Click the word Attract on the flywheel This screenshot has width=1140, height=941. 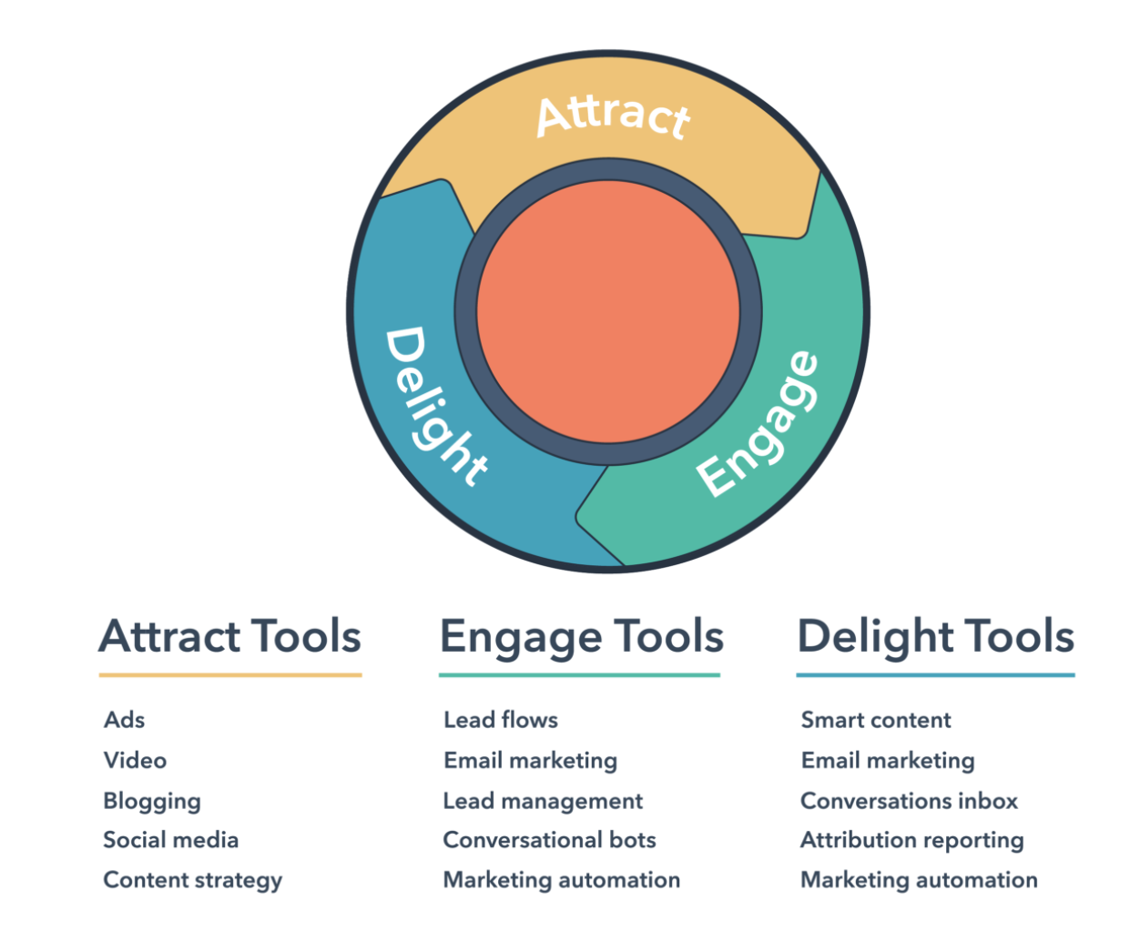613,116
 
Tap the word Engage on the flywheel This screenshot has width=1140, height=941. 758,424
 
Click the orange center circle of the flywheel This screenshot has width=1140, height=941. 608,311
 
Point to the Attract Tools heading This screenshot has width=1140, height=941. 230,636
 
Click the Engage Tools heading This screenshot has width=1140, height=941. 582,637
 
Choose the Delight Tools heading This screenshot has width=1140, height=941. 935,637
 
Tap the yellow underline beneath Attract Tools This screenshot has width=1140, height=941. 230,675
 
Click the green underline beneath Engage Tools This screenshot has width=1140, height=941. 580,675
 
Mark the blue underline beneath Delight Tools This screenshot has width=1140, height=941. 935,675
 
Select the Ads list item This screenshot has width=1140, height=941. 125,720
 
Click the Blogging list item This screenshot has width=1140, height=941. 152,802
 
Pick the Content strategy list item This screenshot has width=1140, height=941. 193,881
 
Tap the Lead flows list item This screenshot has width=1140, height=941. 501,720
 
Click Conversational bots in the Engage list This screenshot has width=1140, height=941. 549,840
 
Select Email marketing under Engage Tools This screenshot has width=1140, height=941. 530,761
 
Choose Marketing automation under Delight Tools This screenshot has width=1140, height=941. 919,881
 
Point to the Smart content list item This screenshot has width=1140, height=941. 876,720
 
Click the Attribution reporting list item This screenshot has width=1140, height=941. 911,841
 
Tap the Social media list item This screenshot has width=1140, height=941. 171,840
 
